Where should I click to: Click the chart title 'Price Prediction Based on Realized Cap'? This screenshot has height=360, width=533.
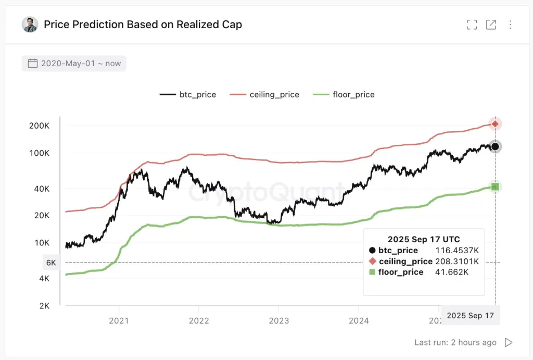tap(143, 24)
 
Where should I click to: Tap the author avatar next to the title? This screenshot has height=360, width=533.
tap(30, 24)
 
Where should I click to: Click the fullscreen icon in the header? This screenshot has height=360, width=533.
tap(472, 24)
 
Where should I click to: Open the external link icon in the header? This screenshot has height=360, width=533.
tap(491, 24)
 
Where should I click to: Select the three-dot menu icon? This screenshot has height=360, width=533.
tap(510, 24)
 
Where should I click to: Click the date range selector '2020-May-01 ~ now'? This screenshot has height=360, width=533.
tap(74, 64)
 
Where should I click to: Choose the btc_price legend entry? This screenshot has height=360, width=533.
tap(188, 94)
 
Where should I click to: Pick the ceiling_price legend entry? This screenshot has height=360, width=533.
tap(265, 94)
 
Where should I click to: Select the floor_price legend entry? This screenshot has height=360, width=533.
tap(344, 94)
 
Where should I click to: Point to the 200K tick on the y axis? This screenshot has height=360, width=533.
tap(40, 126)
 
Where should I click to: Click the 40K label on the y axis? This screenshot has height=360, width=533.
tap(42, 189)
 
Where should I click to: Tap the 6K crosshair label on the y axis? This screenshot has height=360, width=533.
tap(50, 263)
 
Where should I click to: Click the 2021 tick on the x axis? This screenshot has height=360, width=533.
tap(119, 320)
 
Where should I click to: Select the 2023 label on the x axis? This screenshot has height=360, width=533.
tap(278, 320)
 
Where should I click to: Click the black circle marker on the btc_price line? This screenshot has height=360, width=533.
tap(495, 146)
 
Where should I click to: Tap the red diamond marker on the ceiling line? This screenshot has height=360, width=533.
tap(495, 123)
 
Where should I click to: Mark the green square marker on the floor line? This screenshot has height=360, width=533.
tap(495, 187)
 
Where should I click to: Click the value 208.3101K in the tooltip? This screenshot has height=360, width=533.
tap(456, 261)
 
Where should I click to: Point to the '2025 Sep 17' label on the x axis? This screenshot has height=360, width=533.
tap(470, 315)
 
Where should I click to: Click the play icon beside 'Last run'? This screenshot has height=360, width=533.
tap(509, 342)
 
